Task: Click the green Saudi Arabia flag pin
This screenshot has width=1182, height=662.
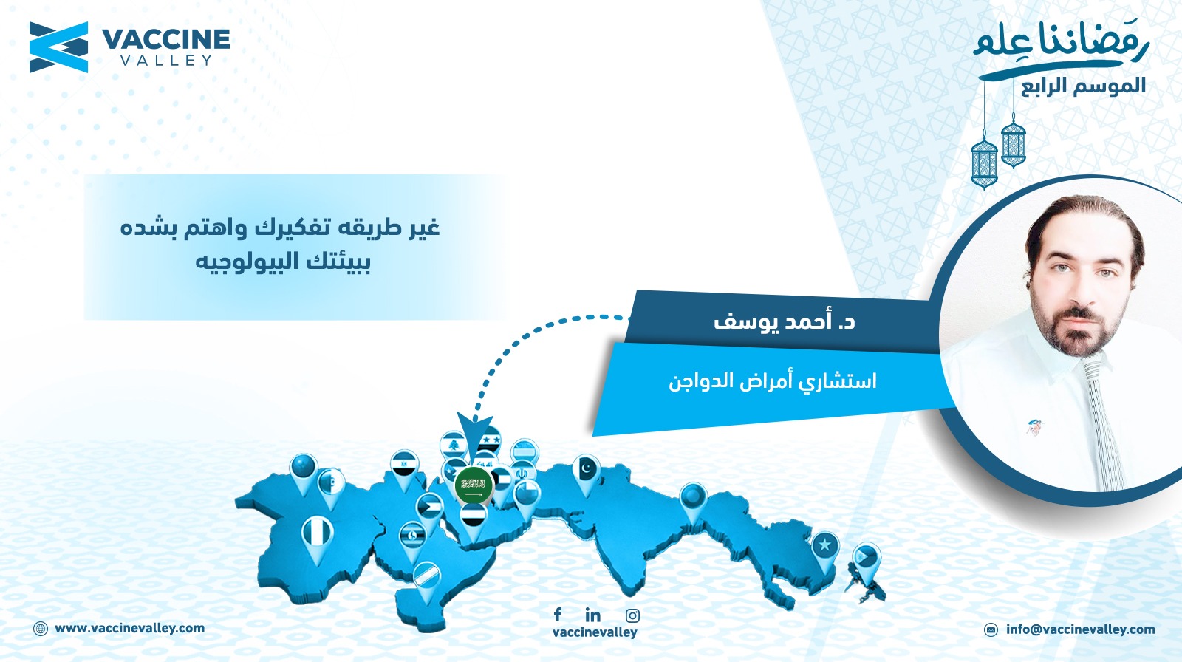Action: pos(474,485)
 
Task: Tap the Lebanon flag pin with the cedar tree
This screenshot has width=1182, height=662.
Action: pos(453,445)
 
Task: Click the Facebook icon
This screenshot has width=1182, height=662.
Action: pos(558,615)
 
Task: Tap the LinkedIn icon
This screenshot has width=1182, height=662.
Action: pos(592,615)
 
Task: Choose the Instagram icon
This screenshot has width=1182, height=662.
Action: pos(632,615)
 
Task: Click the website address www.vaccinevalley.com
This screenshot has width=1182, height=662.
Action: pos(130,629)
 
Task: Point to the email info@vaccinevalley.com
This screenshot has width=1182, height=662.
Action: pos(1081,629)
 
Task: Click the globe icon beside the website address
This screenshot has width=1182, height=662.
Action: pos(41,629)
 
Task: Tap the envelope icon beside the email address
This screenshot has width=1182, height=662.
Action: pos(991,629)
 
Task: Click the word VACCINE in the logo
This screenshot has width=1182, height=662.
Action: pos(165,40)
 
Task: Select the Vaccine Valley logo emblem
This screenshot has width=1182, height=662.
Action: pos(58,47)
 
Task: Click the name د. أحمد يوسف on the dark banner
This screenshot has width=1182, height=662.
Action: pos(784,321)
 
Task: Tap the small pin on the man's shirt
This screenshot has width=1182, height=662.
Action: pos(1034,426)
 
